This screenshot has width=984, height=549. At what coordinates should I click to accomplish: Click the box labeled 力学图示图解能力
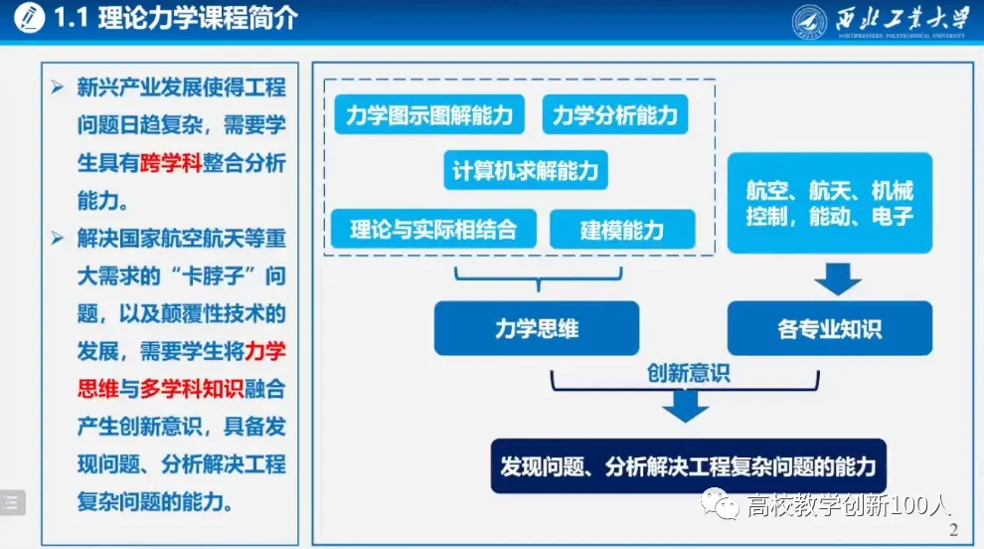(429, 116)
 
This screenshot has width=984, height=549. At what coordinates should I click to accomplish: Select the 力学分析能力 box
(614, 116)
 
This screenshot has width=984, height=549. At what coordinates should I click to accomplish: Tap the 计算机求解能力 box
(525, 171)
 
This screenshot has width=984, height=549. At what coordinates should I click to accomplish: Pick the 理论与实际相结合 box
(433, 230)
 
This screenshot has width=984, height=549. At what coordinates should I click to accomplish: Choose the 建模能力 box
(621, 230)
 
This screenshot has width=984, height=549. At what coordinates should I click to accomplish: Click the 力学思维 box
(536, 328)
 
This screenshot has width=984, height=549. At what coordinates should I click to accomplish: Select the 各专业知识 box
(829, 328)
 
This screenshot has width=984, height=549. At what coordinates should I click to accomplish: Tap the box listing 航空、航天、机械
(829, 203)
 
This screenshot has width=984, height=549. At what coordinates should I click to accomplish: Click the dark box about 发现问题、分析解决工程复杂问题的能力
(688, 464)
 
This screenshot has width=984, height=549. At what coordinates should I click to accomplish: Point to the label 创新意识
(688, 374)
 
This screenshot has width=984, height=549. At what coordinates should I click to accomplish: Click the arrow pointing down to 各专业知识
(837, 277)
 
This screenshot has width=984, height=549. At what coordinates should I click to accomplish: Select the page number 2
(953, 530)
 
